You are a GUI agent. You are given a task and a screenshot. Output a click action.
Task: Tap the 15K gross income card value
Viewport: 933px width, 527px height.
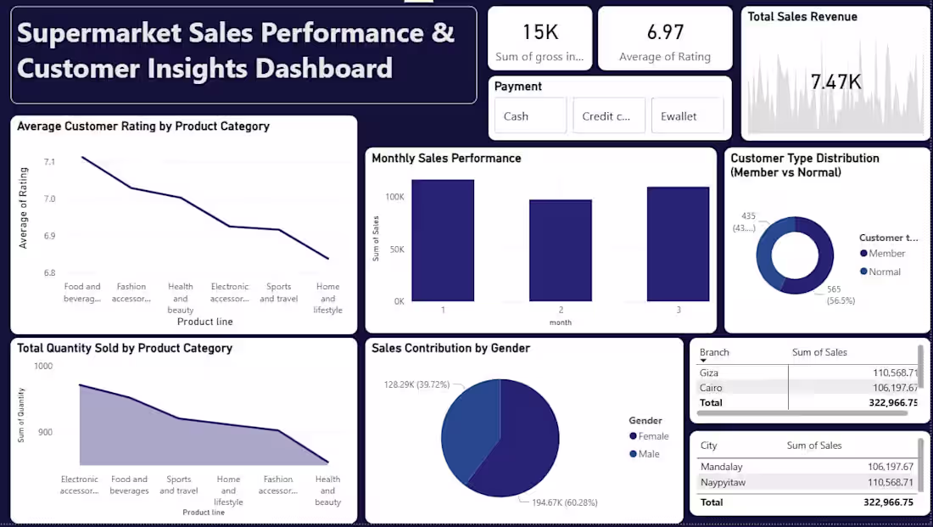point(540,33)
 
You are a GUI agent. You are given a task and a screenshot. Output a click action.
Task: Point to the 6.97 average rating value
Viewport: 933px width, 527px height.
point(665,33)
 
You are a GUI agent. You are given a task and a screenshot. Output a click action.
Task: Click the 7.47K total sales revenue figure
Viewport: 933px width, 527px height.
point(835,82)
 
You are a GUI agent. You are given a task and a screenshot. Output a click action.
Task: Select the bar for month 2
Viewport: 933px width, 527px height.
point(561,250)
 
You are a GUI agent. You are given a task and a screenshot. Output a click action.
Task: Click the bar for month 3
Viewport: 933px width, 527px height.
point(678,244)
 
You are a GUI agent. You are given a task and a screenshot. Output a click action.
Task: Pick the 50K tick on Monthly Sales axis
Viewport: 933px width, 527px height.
point(394,249)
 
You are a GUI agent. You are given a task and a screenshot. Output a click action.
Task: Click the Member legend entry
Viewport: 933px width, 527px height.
point(887,254)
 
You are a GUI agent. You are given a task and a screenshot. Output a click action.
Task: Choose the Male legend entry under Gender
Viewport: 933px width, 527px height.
point(649,454)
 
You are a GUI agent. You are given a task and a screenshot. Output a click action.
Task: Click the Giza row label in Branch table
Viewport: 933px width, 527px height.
point(709,373)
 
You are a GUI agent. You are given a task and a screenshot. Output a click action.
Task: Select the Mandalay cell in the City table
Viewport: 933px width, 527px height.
point(721,467)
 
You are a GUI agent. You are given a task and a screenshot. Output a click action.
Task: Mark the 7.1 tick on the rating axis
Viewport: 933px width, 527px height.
point(50,161)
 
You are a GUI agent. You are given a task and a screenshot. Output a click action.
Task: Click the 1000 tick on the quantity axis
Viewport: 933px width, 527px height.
point(42,366)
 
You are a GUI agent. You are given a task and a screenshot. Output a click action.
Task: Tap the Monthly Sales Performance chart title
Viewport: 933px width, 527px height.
point(446,159)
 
